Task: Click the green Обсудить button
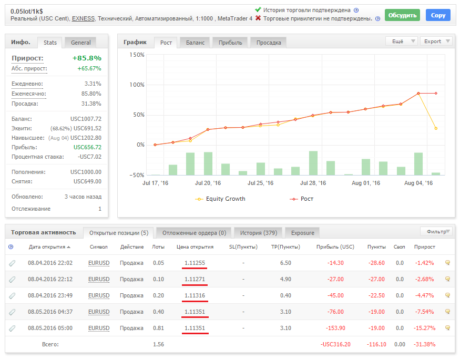click(402, 15)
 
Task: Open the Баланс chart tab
click(195, 43)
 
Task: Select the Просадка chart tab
click(269, 43)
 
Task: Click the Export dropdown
click(436, 41)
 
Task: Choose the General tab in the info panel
click(80, 43)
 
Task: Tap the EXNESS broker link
click(83, 18)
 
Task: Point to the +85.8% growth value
click(87, 58)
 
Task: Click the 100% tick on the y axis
click(137, 85)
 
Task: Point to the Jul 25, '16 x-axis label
click(260, 183)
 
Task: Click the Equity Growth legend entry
click(220, 199)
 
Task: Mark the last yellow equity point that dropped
click(436, 128)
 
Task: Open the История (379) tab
click(259, 233)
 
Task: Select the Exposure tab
click(302, 233)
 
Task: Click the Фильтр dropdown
click(436, 232)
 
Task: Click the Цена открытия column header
click(195, 247)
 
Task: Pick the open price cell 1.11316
click(195, 295)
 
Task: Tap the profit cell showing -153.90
click(335, 328)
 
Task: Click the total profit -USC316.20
click(335, 344)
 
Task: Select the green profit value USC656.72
click(87, 147)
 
